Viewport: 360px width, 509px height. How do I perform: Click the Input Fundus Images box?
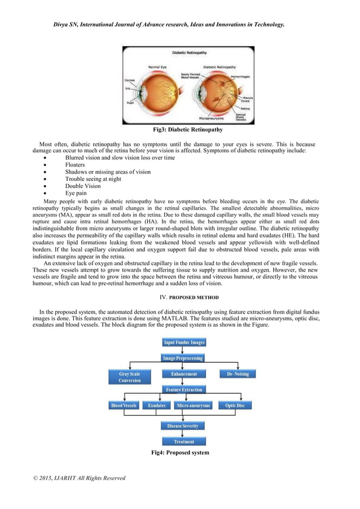(x=184, y=343)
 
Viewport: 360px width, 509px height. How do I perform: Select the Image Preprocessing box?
(x=183, y=358)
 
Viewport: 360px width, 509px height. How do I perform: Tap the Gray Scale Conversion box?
(x=129, y=377)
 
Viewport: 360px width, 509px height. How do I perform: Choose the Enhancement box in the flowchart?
(x=184, y=374)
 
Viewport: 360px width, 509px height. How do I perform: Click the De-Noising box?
(x=237, y=374)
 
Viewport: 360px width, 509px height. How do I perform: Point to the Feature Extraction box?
(x=184, y=389)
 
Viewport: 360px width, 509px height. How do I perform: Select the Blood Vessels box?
(x=124, y=405)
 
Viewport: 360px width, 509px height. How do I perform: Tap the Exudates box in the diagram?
(x=156, y=405)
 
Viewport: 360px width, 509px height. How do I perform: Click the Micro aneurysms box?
(x=193, y=405)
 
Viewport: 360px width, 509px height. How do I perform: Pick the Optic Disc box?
(x=235, y=405)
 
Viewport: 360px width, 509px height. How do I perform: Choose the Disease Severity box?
(x=183, y=426)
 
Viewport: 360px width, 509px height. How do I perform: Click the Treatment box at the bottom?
(x=184, y=442)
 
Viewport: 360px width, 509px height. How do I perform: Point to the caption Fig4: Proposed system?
(x=180, y=453)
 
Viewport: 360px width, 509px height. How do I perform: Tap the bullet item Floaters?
(x=75, y=165)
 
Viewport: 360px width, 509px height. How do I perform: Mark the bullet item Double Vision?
(x=82, y=186)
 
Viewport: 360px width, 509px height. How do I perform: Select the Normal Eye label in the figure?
(x=157, y=67)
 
